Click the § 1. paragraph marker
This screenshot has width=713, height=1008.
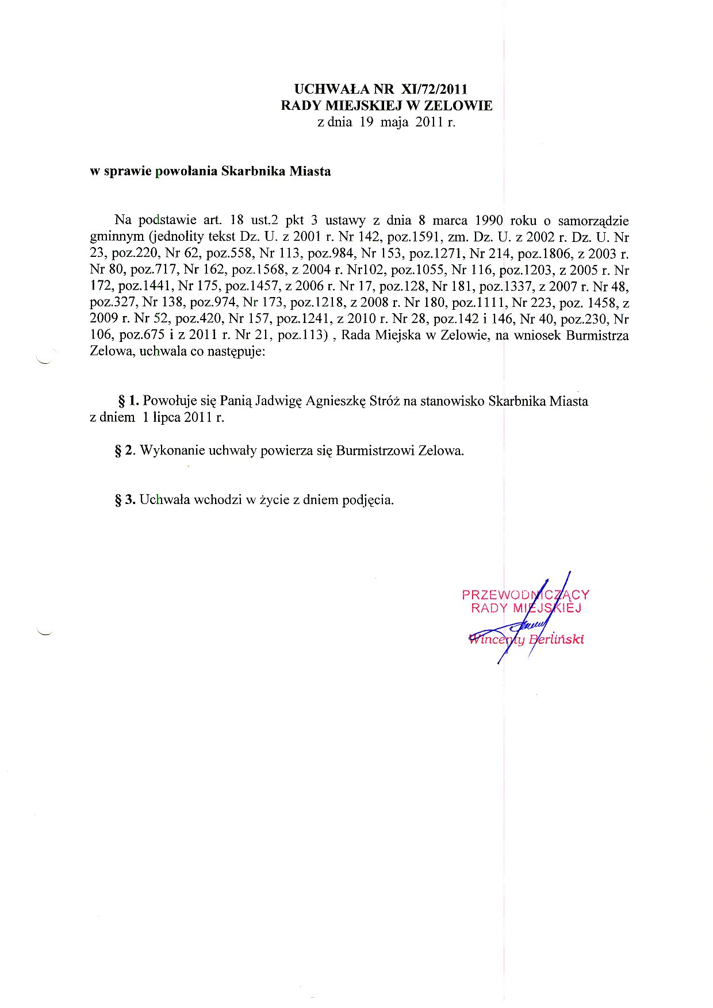pyautogui.click(x=128, y=401)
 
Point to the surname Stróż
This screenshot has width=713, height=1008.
pyautogui.click(x=382, y=401)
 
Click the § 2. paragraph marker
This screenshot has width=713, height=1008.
pyautogui.click(x=125, y=451)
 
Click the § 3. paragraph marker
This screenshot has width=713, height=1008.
pyautogui.click(x=125, y=500)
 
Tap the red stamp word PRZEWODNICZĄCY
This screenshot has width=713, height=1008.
pyautogui.click(x=525, y=595)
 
